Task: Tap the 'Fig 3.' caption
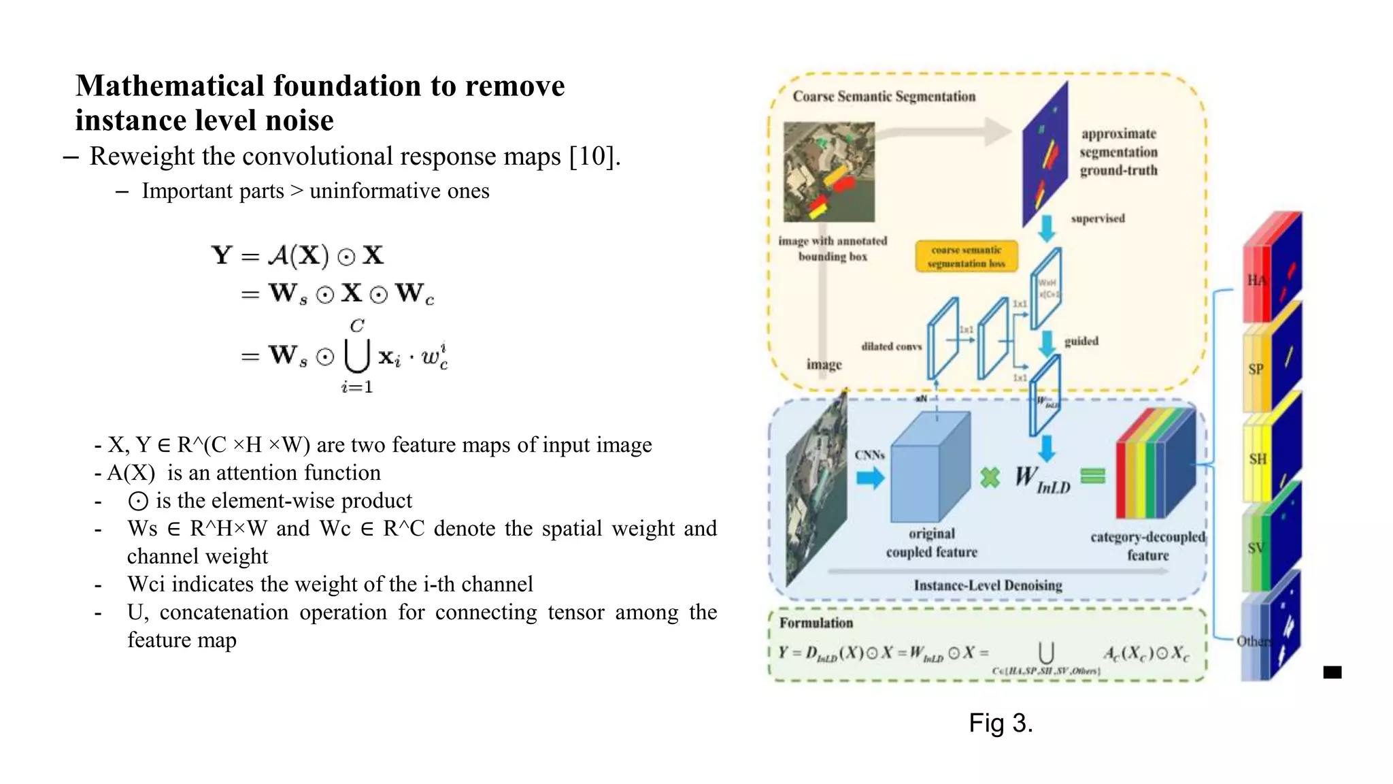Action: click(x=1001, y=723)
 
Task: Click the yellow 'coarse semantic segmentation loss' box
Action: click(x=966, y=257)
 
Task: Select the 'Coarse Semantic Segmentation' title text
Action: click(x=884, y=97)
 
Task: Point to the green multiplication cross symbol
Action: click(x=990, y=477)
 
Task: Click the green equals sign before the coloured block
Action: click(x=1092, y=476)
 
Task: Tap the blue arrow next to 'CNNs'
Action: click(x=870, y=478)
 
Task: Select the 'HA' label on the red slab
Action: click(x=1256, y=280)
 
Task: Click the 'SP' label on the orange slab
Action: click(x=1256, y=370)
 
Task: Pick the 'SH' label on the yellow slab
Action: click(x=1257, y=459)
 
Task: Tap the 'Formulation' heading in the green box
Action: click(x=816, y=623)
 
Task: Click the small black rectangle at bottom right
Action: click(x=1332, y=672)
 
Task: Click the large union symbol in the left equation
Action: click(x=357, y=355)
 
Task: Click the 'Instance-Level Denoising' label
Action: click(x=988, y=585)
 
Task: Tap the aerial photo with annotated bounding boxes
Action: click(x=828, y=171)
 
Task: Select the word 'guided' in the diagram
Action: click(x=1081, y=341)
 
